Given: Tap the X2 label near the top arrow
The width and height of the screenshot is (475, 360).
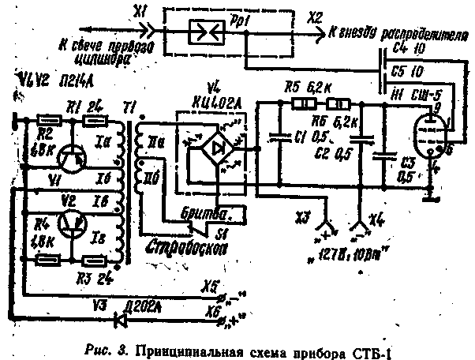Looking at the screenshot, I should (315, 16).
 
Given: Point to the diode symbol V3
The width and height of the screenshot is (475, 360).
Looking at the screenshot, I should (119, 319).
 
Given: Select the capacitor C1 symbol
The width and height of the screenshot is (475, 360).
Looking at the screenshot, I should (279, 137).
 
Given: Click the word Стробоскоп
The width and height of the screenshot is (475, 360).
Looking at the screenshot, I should (185, 246).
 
